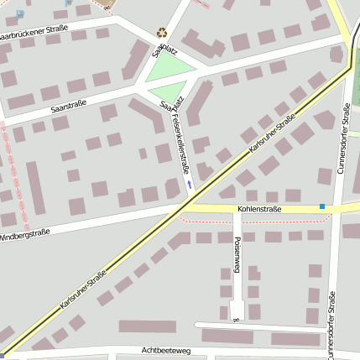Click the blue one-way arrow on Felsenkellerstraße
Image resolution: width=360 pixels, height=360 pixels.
point(190,183)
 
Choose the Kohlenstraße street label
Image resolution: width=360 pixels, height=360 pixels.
point(259,208)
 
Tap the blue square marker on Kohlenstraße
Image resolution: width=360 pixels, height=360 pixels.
point(321,206)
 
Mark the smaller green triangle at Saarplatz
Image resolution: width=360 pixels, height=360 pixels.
point(167,91)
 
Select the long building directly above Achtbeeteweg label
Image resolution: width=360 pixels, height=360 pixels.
point(147,326)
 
